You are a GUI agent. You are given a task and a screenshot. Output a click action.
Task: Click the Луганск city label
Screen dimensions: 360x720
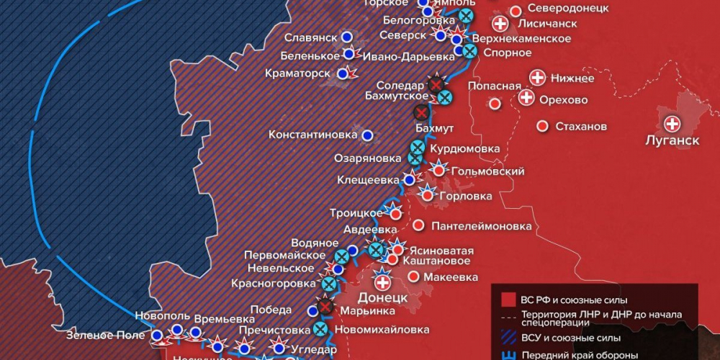[x=672, y=140]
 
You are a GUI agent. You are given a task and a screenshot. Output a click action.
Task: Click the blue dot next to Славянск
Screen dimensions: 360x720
[x=347, y=36]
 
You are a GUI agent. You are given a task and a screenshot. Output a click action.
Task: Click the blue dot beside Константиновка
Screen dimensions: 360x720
[x=368, y=135]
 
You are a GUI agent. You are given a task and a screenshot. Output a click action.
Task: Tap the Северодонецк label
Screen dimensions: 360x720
[x=568, y=9]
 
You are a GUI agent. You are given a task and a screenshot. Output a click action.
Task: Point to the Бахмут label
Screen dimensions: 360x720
[x=435, y=128]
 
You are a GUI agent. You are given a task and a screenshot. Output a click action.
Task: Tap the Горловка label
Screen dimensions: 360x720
[x=467, y=196]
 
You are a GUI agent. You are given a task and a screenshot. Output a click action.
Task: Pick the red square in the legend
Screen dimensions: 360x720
[x=508, y=300]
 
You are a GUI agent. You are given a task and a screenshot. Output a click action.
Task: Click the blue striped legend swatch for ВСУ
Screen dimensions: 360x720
[x=508, y=336]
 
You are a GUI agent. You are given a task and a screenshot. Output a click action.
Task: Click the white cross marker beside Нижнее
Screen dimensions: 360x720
[x=537, y=78]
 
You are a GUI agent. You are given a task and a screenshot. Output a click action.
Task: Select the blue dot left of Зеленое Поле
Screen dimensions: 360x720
[x=157, y=335]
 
